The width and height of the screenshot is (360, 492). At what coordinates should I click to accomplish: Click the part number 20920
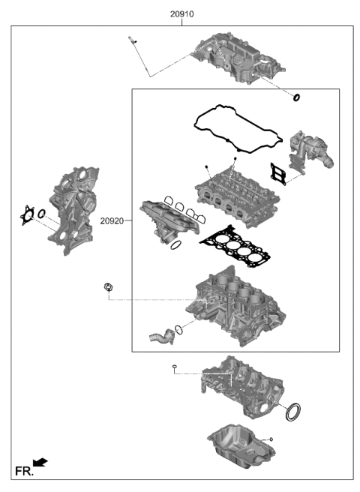coord(112,222)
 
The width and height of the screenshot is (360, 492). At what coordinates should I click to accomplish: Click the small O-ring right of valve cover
coord(297,97)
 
